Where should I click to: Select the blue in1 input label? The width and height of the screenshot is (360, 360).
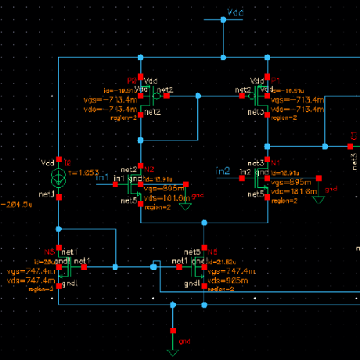103,178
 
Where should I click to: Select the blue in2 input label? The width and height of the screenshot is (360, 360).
223,171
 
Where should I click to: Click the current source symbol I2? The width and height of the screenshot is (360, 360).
59,175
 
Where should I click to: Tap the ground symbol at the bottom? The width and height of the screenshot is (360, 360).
173,308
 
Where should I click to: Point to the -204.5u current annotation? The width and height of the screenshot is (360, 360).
16,204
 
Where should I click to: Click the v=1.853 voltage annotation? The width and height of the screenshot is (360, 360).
85,173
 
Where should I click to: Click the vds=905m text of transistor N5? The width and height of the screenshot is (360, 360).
223,279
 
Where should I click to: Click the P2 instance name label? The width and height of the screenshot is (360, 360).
131,81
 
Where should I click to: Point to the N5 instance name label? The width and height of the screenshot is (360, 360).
213,250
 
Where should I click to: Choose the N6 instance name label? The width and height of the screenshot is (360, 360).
49,251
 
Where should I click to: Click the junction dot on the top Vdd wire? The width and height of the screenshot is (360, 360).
223,20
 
